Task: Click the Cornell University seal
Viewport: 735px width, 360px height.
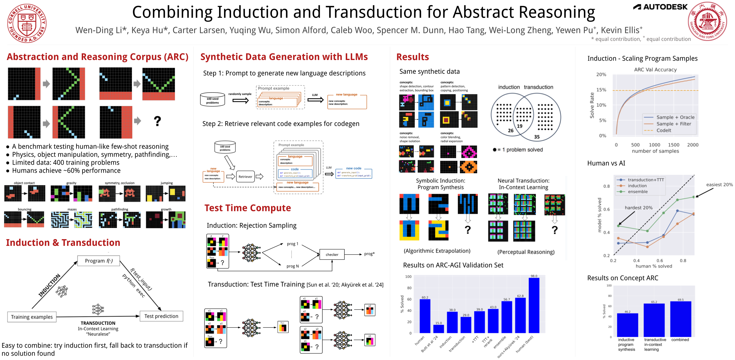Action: [x=27, y=23]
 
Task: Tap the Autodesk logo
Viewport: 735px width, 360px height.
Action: [x=660, y=7]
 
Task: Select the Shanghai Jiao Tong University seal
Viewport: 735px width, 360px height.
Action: [x=707, y=21]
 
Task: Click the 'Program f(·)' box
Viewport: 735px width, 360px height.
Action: [x=98, y=261]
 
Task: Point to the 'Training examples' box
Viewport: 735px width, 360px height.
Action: [x=32, y=317]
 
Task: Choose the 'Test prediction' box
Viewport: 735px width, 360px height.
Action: [x=161, y=316]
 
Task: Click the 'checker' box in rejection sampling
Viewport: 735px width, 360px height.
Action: [x=332, y=254]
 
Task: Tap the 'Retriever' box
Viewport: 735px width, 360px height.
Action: [x=245, y=177]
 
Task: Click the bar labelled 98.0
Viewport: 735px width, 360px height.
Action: [x=534, y=305]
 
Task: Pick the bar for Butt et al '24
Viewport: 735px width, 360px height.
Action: [x=439, y=329]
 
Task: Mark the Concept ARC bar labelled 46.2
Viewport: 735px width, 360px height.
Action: [x=627, y=325]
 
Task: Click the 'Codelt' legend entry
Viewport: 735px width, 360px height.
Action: [x=664, y=130]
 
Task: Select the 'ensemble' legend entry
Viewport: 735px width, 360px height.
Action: [x=638, y=191]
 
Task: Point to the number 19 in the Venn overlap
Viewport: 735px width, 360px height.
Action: [x=519, y=126]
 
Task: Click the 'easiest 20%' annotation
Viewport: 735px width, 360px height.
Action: [x=719, y=185]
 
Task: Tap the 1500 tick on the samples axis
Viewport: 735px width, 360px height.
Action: [x=673, y=145]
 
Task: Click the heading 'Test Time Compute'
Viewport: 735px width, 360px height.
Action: [x=248, y=208]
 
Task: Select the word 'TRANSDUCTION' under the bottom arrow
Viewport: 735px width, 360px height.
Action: [x=98, y=323]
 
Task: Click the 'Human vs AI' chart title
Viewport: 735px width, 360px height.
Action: [x=606, y=163]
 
